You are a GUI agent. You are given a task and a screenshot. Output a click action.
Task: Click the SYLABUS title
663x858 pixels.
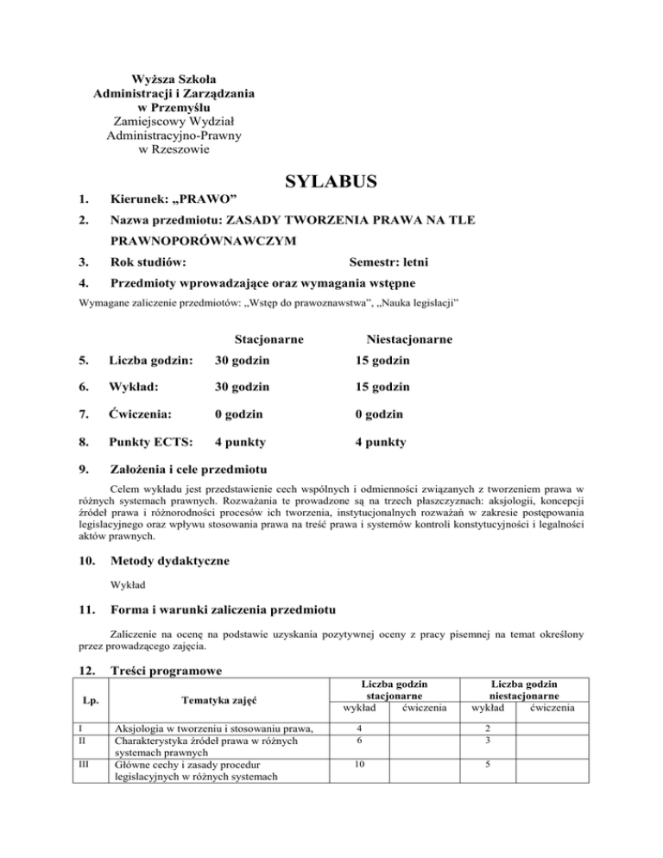pyautogui.click(x=331, y=183)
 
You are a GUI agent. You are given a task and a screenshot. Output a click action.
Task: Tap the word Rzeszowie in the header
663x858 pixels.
pyautogui.click(x=181, y=149)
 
